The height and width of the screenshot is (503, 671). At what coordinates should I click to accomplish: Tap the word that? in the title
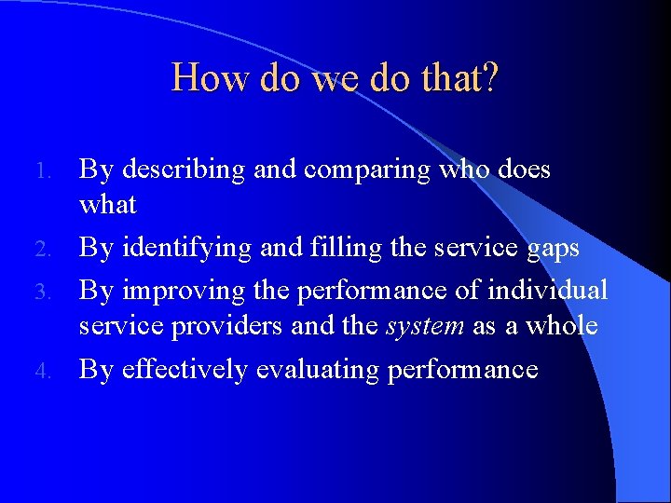point(458,77)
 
